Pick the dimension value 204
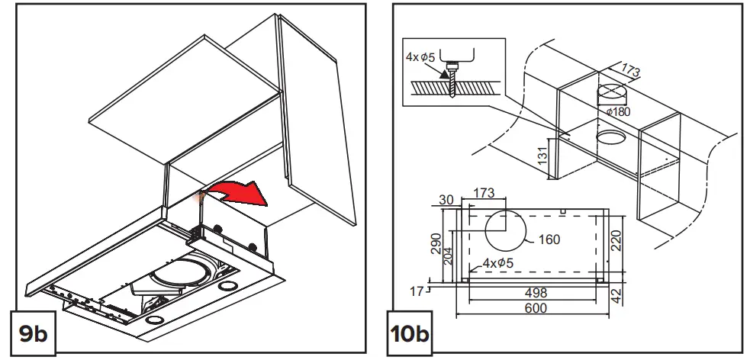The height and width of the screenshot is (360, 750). click(x=449, y=256)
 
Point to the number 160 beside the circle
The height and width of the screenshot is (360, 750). click(x=548, y=239)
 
